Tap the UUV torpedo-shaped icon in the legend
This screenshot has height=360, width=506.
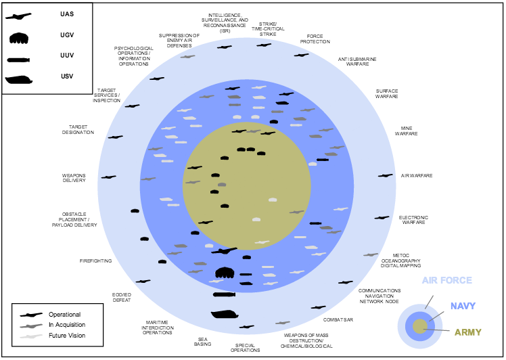tap(20, 60)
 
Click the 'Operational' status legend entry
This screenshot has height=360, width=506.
tap(64, 314)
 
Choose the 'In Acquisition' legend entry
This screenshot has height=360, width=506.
tap(66, 325)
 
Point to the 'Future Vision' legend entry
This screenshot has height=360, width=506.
tap(66, 335)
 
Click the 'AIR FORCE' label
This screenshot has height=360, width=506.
tap(447, 281)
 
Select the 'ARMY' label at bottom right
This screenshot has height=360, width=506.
tap(468, 332)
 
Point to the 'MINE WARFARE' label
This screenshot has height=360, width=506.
tap(407, 131)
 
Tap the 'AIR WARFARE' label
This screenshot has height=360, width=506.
tap(417, 176)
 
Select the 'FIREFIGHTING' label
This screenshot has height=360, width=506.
tap(95, 261)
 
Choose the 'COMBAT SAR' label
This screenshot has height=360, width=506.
tap(338, 319)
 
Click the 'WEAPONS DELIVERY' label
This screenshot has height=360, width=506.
tap(74, 178)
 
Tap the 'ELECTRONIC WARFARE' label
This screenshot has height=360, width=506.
tap(413, 220)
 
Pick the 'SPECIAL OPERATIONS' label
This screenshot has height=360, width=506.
tap(245, 347)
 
